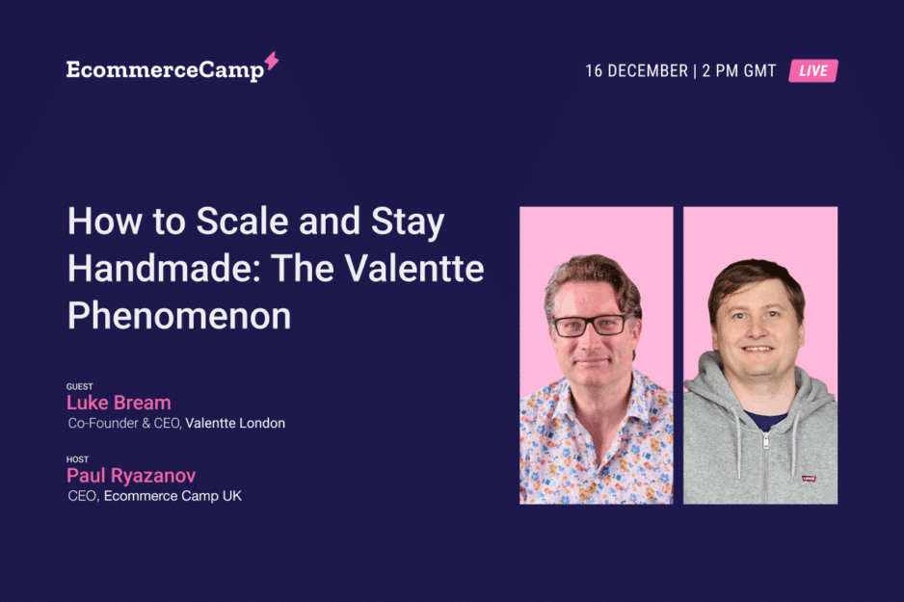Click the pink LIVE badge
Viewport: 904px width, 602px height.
[x=812, y=71]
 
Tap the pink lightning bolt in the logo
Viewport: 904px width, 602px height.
[x=272, y=61]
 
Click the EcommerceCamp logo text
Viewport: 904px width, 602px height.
[x=165, y=70]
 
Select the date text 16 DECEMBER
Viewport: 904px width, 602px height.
[x=636, y=71]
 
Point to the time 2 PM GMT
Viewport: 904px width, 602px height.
[x=738, y=71]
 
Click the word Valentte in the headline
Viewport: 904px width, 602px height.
[x=414, y=269]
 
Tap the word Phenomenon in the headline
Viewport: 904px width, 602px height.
[x=179, y=316]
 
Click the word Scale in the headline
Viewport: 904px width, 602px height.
[x=242, y=222]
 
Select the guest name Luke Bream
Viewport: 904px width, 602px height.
[x=119, y=402]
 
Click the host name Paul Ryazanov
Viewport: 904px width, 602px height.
[x=131, y=475]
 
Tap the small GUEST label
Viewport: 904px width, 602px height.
[x=80, y=386]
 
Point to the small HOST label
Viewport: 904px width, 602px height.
[x=77, y=459]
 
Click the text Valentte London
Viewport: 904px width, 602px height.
[x=235, y=424]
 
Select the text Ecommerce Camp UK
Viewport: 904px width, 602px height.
[x=173, y=496]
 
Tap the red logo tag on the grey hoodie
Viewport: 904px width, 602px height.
[x=809, y=479]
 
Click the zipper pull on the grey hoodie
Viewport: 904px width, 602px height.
[x=765, y=441]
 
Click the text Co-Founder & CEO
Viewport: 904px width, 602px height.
[x=124, y=424]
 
